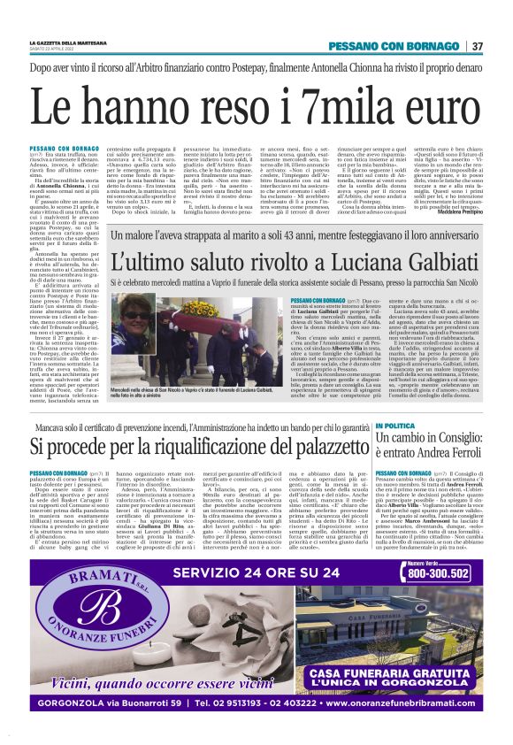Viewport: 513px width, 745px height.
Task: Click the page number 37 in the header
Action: tap(477, 46)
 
